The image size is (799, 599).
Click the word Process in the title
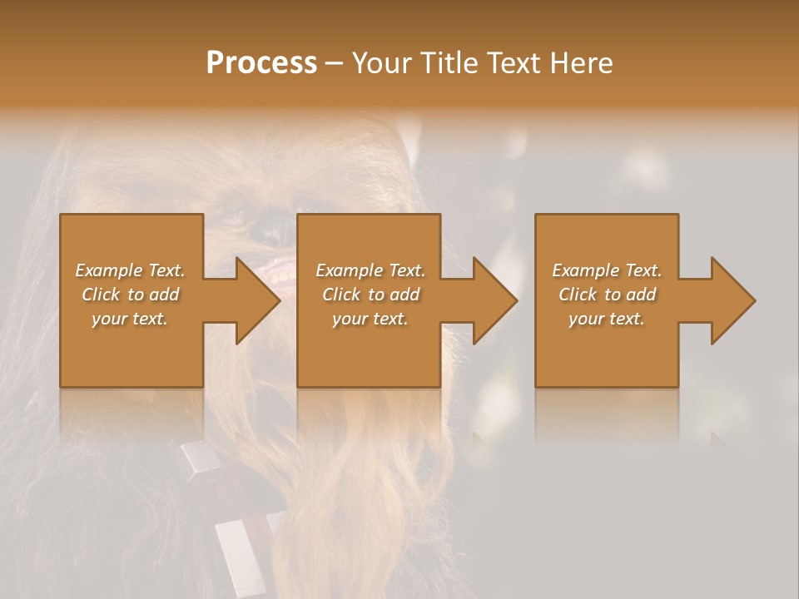coord(261,63)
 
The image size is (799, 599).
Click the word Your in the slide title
coord(383,63)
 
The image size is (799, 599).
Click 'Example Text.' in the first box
coord(130,270)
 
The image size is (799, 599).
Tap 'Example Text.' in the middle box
coord(370,270)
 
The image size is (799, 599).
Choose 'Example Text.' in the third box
coord(606,270)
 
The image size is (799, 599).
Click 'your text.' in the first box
coord(130,319)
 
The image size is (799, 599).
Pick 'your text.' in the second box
coord(370,319)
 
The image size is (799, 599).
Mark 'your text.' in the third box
coord(606,319)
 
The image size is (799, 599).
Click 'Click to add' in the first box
coord(130,295)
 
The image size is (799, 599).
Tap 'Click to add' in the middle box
coord(370,295)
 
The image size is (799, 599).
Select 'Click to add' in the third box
coord(606,295)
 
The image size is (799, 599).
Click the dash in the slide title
coord(335,64)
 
